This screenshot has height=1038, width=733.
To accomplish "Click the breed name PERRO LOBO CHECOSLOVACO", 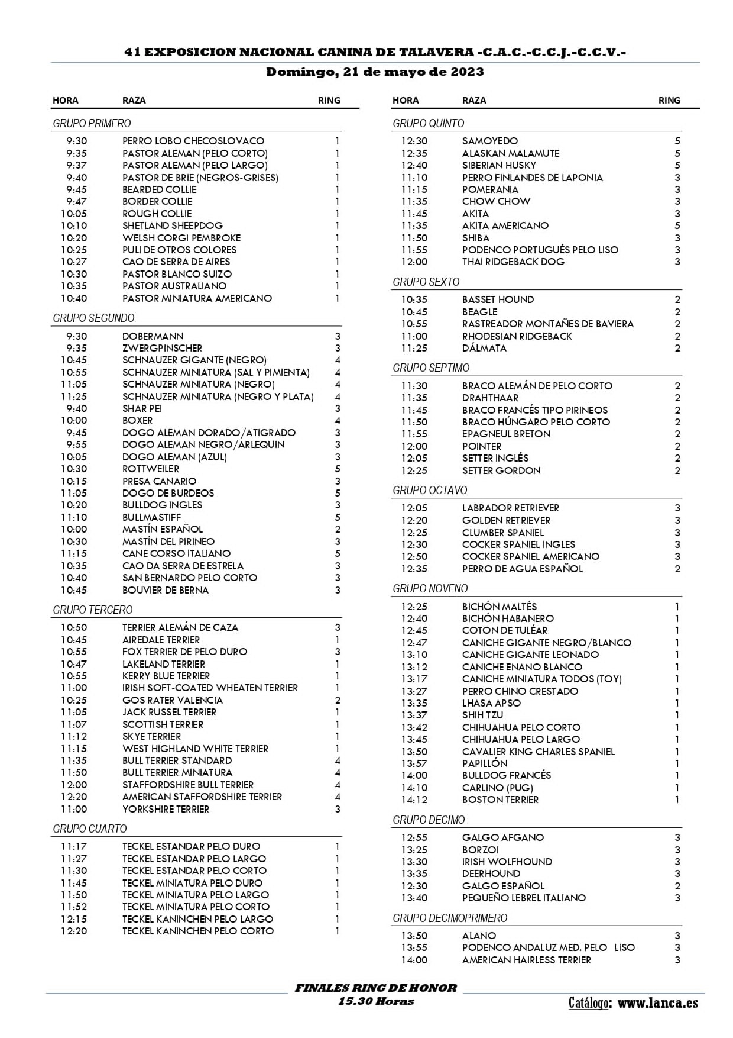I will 193,141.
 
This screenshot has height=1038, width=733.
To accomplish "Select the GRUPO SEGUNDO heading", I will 93,318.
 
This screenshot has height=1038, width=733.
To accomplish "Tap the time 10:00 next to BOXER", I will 73,420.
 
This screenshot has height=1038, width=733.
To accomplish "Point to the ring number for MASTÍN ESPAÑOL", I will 338,529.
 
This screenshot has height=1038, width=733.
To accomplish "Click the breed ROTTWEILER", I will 151,469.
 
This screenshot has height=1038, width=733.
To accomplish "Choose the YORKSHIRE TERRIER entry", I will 166,809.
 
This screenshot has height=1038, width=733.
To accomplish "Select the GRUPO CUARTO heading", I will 90,829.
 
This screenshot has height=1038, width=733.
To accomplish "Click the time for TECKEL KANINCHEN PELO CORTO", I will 73,931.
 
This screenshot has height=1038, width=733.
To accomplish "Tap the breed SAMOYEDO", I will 490,141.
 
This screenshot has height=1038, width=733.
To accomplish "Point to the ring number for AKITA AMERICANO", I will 677,225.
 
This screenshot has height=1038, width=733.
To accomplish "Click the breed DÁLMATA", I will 484,348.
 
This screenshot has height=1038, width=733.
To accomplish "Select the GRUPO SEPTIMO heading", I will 431,368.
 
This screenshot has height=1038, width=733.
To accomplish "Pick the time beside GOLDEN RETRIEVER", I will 414,520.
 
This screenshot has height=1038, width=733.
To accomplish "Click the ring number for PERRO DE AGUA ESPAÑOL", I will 677,569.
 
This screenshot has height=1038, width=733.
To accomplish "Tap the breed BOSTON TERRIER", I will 500,800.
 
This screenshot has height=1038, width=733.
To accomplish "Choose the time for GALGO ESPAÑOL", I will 414,886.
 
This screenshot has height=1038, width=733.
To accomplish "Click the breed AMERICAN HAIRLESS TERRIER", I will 526,960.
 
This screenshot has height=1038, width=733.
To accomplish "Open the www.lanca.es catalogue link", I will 657,1002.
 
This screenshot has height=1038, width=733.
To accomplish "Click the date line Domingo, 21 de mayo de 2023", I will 375,72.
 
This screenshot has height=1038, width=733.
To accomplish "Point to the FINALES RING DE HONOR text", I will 375,988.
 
